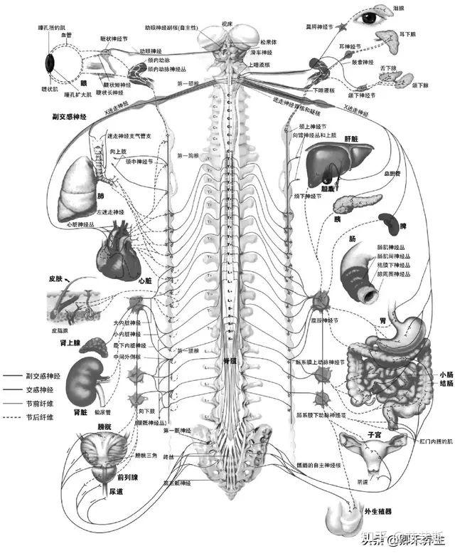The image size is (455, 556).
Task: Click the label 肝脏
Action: (x=355, y=139)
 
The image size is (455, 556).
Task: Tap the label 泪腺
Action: (x=400, y=8)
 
